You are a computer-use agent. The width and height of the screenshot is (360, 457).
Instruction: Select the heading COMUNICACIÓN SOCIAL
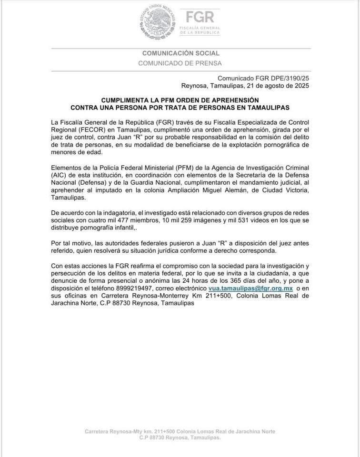point(180,53)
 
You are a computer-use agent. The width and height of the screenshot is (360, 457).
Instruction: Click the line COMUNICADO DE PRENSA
point(180,63)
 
